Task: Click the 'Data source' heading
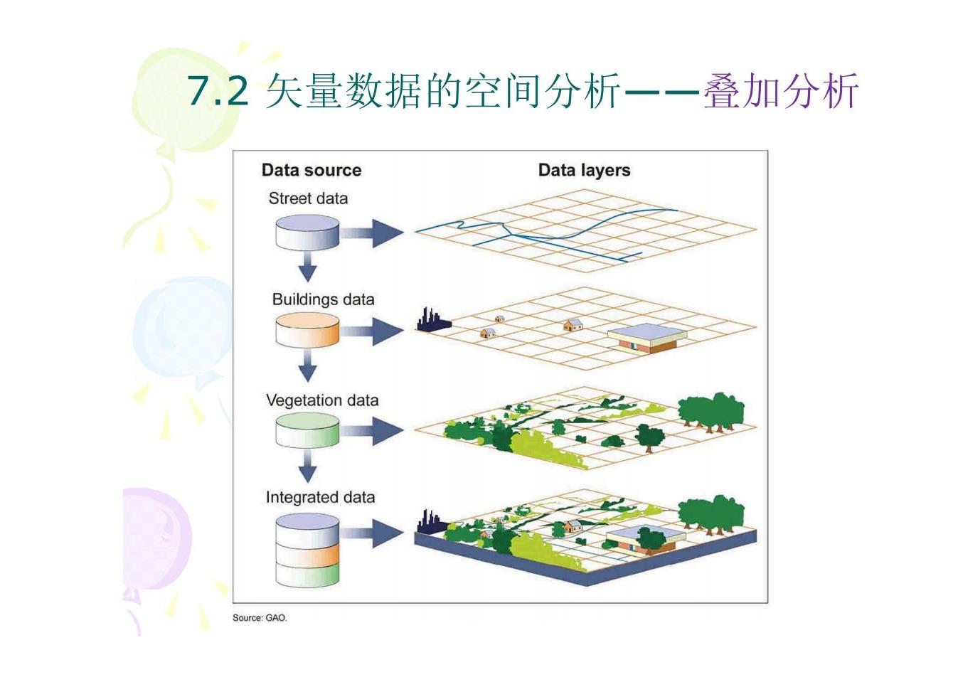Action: click(x=312, y=170)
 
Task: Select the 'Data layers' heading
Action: click(x=584, y=170)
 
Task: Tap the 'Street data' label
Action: click(x=308, y=198)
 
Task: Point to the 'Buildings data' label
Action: click(x=324, y=299)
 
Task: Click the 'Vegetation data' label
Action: click(x=322, y=401)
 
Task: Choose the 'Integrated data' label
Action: click(x=320, y=497)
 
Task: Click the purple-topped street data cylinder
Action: click(x=307, y=233)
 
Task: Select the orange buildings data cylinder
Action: click(x=307, y=330)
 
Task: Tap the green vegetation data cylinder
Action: click(x=307, y=431)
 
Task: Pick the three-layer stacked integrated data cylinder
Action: click(x=307, y=550)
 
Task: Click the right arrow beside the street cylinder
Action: click(x=372, y=233)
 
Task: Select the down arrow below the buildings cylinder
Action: click(x=307, y=366)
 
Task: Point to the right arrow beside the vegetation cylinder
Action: click(x=372, y=431)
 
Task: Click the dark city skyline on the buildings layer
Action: click(x=433, y=320)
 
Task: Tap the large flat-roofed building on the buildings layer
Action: click(x=646, y=338)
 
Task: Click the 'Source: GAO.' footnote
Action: click(x=260, y=618)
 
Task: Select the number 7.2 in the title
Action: click(x=218, y=90)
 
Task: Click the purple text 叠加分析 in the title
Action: click(x=781, y=90)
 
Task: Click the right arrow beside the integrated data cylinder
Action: click(x=372, y=533)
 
